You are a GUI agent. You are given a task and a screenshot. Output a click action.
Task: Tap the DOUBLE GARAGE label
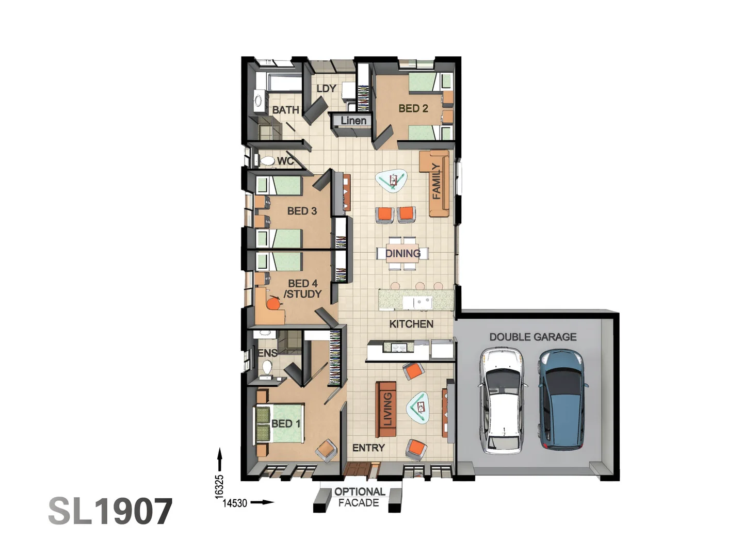(532, 337)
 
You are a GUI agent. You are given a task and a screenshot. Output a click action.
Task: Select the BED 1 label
(285, 423)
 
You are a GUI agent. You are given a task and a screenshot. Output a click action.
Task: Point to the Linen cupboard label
(353, 121)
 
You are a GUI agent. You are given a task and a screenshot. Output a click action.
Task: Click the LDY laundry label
(326, 89)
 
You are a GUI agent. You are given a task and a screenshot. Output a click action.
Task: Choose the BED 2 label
(413, 108)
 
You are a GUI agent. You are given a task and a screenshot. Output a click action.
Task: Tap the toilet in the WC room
(267, 161)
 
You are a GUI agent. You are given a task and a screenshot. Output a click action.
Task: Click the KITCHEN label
(411, 324)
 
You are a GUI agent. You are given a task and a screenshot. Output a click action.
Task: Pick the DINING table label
(402, 253)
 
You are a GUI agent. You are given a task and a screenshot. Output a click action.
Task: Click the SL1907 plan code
(110, 512)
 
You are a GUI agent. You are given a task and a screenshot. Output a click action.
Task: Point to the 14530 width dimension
(235, 503)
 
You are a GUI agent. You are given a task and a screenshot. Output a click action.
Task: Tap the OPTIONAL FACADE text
(359, 497)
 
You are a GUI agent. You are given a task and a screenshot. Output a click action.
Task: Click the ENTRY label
(368, 448)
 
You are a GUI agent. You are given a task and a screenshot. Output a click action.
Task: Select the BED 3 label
(302, 211)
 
